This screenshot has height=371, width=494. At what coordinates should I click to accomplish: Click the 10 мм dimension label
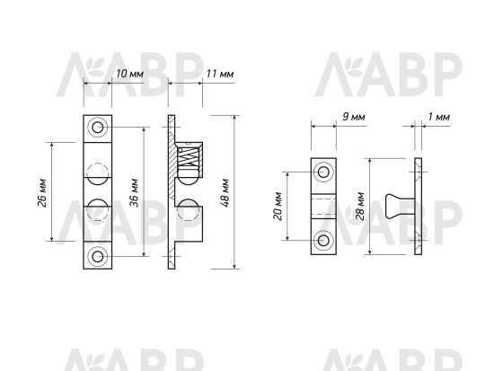point(130,74)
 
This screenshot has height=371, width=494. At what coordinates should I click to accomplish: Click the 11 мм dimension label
point(220,74)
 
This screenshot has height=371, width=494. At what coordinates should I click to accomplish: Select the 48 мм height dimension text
point(225,193)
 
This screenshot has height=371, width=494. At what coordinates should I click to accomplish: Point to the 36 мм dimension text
point(134,192)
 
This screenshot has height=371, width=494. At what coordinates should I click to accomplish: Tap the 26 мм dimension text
point(42,193)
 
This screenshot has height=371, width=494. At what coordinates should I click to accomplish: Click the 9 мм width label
point(354,117)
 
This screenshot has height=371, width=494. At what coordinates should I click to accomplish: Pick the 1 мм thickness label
point(439,117)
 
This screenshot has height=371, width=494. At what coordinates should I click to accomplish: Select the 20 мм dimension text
point(278,206)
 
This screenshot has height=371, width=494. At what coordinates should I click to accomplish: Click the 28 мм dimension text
point(359,206)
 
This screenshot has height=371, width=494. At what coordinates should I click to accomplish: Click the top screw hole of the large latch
point(98,128)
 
